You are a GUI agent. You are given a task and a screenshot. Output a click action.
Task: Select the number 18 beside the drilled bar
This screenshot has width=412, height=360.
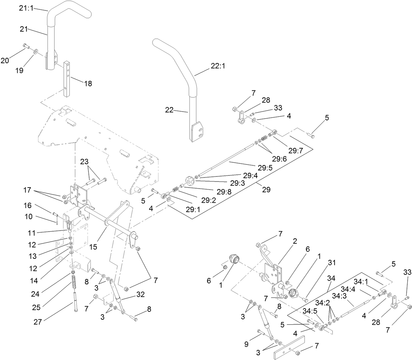tap(88, 83)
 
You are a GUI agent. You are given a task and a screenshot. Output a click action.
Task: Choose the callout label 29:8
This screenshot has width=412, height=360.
tap(224, 192)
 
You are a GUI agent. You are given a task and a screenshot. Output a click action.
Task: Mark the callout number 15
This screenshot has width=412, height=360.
tap(93, 247)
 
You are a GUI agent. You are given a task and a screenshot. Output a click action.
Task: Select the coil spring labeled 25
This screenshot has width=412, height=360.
tap(74, 283)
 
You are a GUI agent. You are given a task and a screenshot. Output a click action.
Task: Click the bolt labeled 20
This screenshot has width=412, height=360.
tap(26, 46)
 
